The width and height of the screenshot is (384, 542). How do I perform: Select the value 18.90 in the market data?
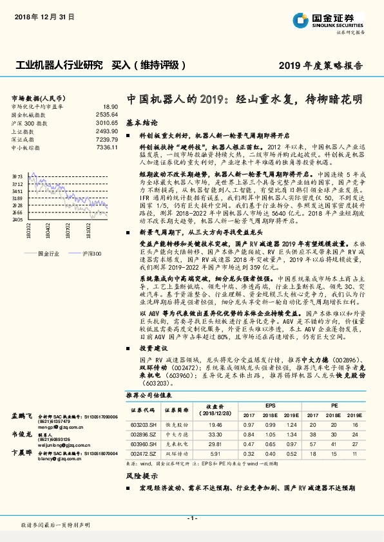pos(110,106)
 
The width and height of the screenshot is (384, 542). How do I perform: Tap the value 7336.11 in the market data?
pos(108,147)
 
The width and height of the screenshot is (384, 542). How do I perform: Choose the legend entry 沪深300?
pos(92,254)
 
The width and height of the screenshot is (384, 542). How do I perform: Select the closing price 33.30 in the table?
pos(214,435)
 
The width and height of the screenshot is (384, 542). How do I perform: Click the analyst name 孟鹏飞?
pos(22,416)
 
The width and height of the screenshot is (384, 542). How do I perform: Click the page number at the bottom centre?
pos(191,518)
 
